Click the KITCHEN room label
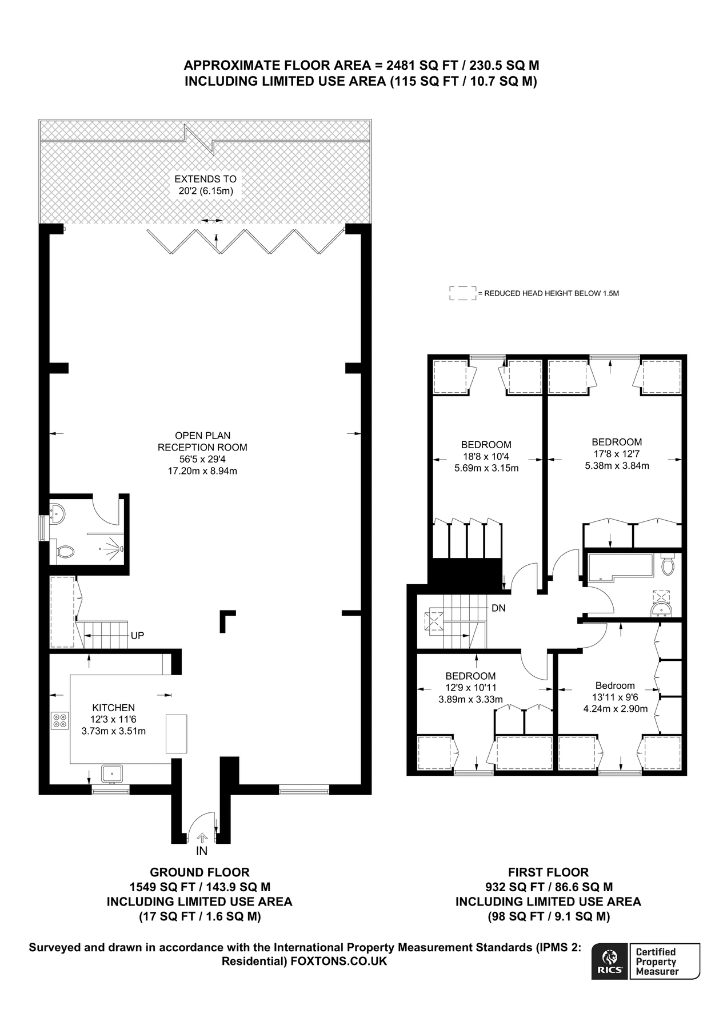coord(113,708)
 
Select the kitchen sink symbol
coord(113,773)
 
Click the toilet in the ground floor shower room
coord(66,552)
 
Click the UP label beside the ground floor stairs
coord(137,636)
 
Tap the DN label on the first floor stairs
coord(498,608)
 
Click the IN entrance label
coord(202,851)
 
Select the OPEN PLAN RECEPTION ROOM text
coord(202,441)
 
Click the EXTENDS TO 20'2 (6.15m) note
coord(206,185)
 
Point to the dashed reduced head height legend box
coord(462,293)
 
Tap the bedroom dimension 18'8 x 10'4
coord(486,456)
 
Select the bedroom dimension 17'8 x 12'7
coord(617,454)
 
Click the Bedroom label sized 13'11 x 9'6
coord(615,685)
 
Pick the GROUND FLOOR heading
coord(199,872)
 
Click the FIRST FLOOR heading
coord(548,872)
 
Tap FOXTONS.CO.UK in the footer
coord(338,962)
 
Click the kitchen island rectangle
coord(176,733)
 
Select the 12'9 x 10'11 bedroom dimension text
coord(470,688)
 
